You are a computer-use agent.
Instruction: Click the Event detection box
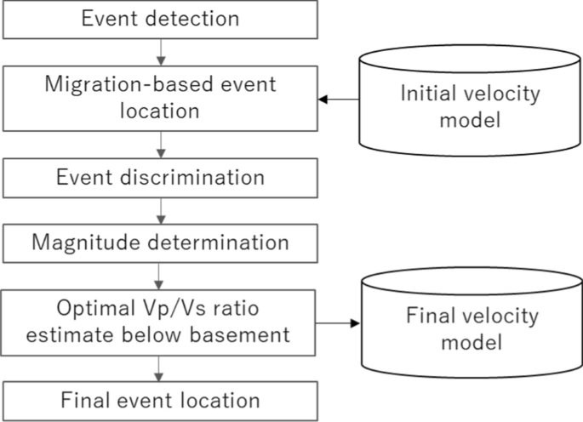tap(159, 18)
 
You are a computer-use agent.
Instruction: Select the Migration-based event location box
tap(159, 98)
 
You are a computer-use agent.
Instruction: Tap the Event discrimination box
tap(159, 179)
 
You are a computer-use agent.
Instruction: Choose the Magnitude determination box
tap(159, 242)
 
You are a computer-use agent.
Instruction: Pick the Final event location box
tap(159, 399)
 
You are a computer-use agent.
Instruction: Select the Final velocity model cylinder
tap(470, 328)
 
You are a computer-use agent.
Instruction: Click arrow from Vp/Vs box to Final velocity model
tap(340, 323)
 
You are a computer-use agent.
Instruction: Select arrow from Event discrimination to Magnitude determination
tap(159, 212)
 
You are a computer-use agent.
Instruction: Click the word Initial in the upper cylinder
tap(432, 93)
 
